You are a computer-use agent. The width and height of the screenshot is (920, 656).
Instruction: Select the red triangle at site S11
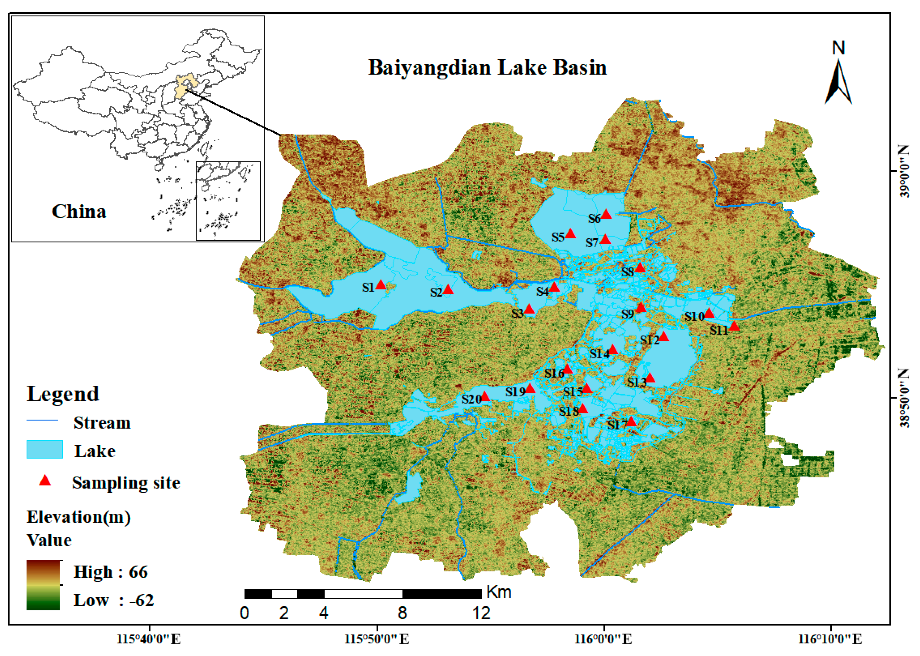click(x=734, y=326)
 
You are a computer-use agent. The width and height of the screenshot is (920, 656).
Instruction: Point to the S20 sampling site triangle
click(x=485, y=397)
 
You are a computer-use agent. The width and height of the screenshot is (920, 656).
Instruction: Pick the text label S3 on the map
click(x=517, y=313)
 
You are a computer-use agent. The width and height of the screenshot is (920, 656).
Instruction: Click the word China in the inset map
click(x=79, y=211)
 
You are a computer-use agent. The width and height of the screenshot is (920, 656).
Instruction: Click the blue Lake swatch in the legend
click(x=44, y=449)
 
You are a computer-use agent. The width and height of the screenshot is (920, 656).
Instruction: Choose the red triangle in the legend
click(x=45, y=481)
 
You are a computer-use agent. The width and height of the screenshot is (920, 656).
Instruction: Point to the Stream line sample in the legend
click(x=43, y=420)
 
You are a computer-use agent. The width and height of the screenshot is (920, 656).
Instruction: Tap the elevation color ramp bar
click(x=43, y=584)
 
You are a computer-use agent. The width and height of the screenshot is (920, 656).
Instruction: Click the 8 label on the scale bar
click(x=402, y=613)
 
